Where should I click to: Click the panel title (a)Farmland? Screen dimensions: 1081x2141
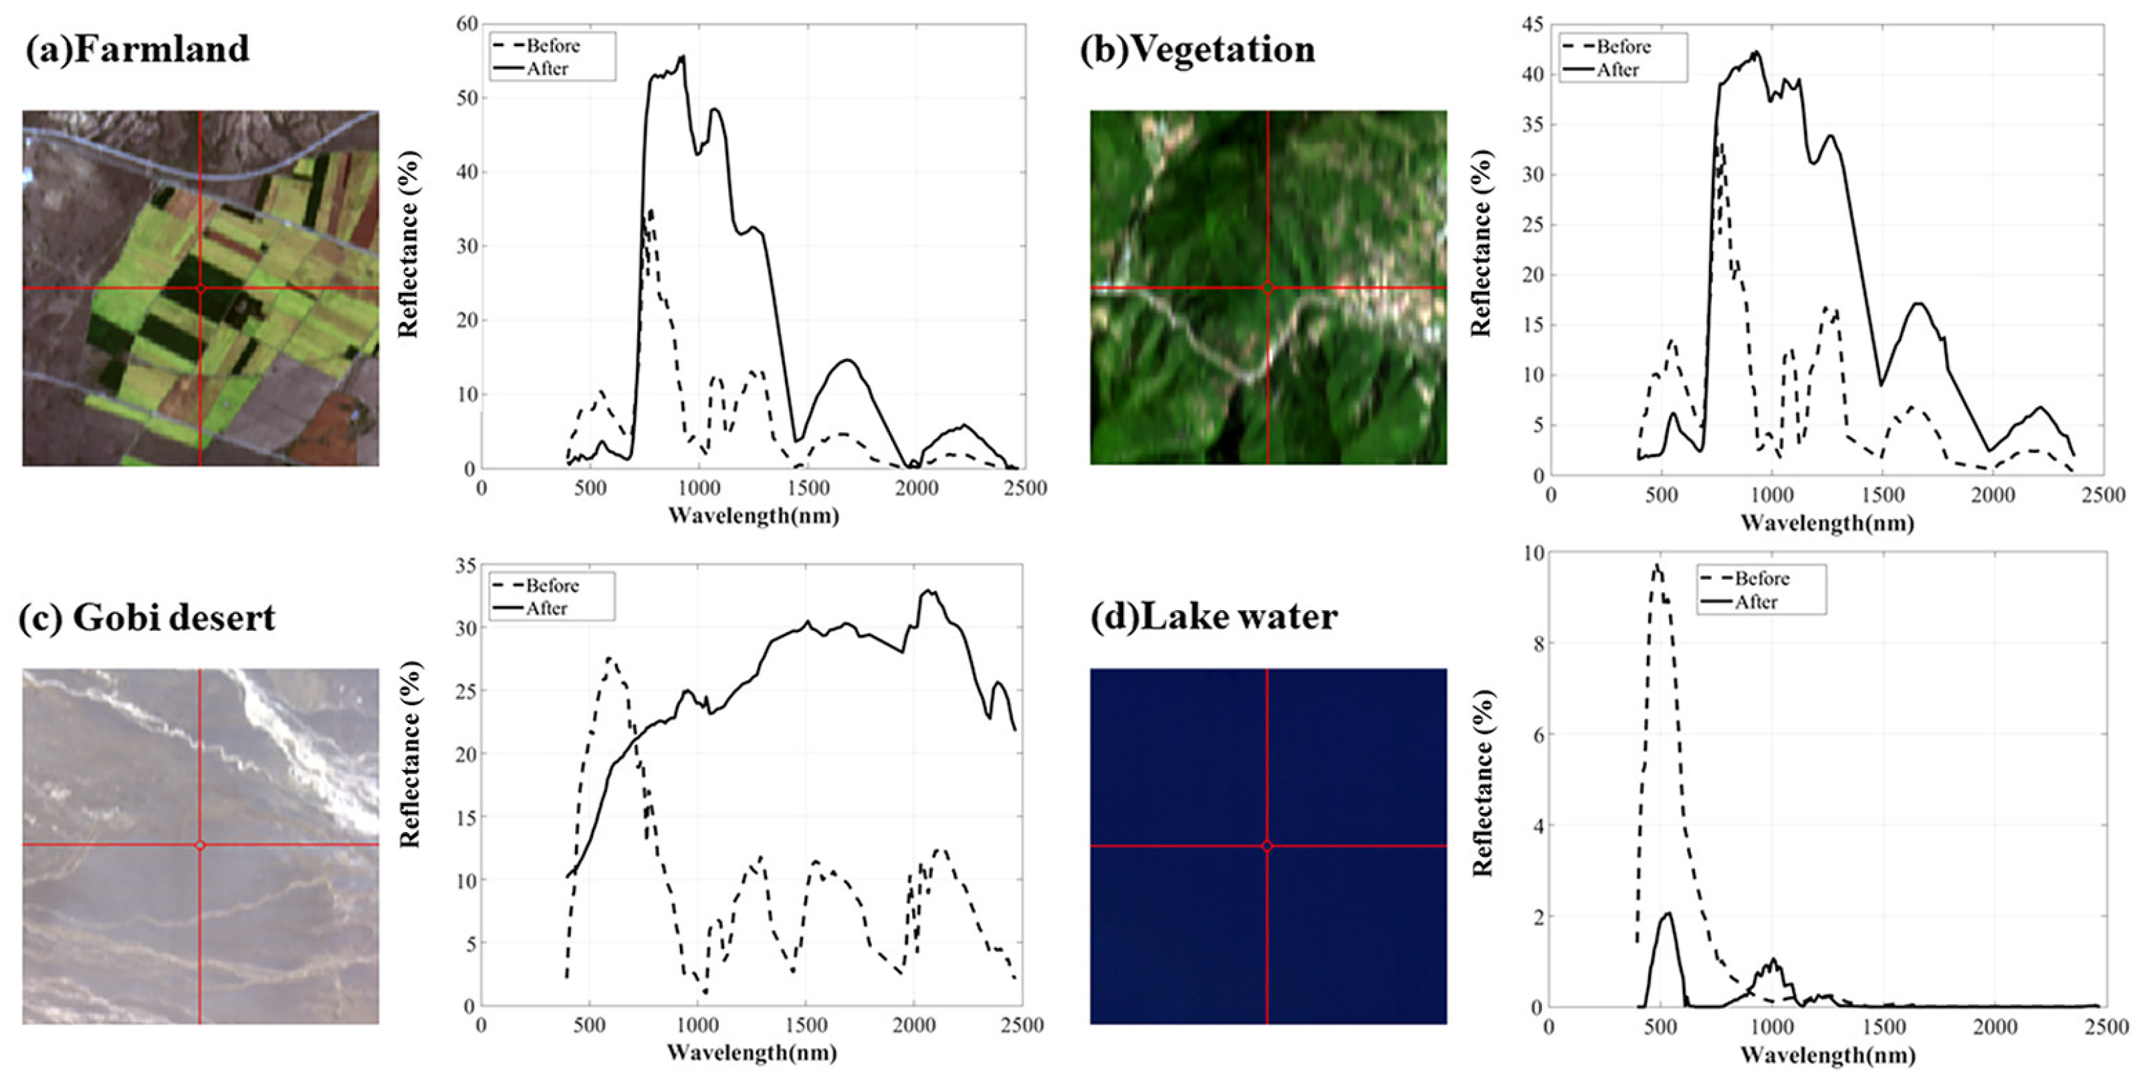(137, 48)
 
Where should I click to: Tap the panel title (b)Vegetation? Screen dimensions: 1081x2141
(1197, 48)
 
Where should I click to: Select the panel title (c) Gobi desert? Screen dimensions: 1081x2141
(147, 617)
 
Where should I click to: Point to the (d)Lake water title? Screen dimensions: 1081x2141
(1214, 616)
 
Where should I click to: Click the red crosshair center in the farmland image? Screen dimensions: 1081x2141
(201, 288)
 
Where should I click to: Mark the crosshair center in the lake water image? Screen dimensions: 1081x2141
(1266, 846)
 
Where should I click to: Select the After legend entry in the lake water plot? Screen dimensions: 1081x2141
(1755, 601)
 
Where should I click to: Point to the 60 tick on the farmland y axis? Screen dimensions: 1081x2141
(467, 24)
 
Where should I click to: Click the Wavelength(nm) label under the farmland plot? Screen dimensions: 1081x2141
(753, 516)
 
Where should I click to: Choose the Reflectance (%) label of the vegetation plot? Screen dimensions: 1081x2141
(1480, 243)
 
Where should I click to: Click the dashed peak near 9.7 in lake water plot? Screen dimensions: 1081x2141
(1656, 567)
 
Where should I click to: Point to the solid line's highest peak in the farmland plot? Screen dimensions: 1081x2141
(683, 57)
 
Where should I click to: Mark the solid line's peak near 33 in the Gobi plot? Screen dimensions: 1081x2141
(928, 591)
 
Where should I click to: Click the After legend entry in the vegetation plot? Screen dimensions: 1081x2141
(1617, 70)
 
